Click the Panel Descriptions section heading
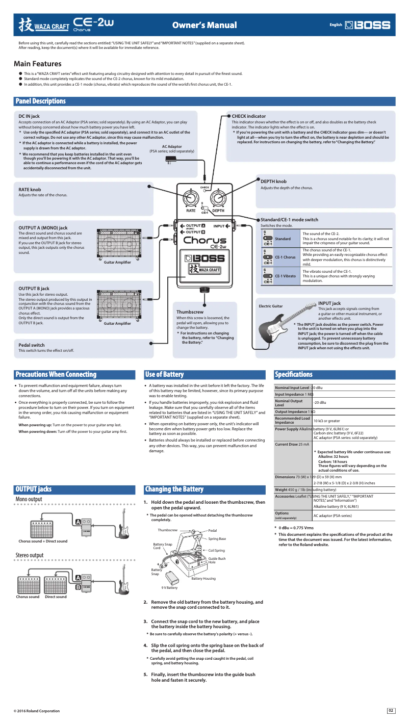pyautogui.click(x=41, y=101)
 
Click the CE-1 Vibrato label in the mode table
pyautogui.click(x=285, y=276)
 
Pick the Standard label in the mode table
pyautogui.click(x=283, y=239)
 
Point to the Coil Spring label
pyautogui.click(x=216, y=551)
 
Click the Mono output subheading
pyautogui.click(x=29, y=499)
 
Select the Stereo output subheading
pyautogui.click(x=30, y=555)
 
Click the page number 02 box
pyautogui.click(x=391, y=710)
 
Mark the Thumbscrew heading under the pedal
pyautogui.click(x=190, y=312)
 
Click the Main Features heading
pyautogui.click(x=38, y=64)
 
